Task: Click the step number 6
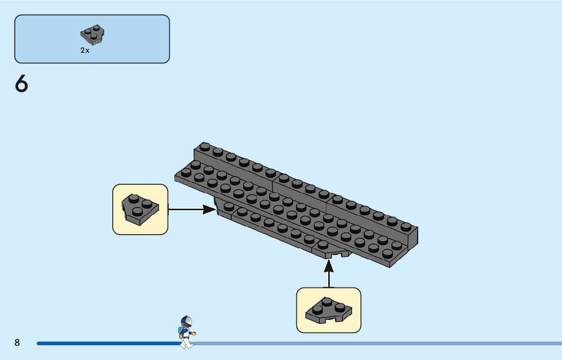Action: click(x=21, y=84)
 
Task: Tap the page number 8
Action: click(x=17, y=342)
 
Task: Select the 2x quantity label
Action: click(x=85, y=50)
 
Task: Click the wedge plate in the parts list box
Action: click(x=92, y=35)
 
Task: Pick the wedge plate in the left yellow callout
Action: click(x=140, y=210)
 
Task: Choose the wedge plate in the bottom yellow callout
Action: click(x=329, y=310)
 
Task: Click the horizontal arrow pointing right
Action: click(x=192, y=209)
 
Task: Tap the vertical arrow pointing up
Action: click(x=329, y=273)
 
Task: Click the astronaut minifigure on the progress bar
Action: click(x=186, y=332)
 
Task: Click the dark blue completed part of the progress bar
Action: click(x=109, y=344)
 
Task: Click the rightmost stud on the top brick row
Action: click(x=405, y=226)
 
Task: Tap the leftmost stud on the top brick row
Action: click(x=205, y=146)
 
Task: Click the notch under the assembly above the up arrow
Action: click(x=336, y=255)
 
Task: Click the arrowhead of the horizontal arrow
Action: click(x=210, y=209)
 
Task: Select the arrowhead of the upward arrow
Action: click(x=329, y=266)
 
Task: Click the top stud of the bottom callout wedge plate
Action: click(x=327, y=302)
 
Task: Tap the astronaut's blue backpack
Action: click(x=180, y=330)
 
